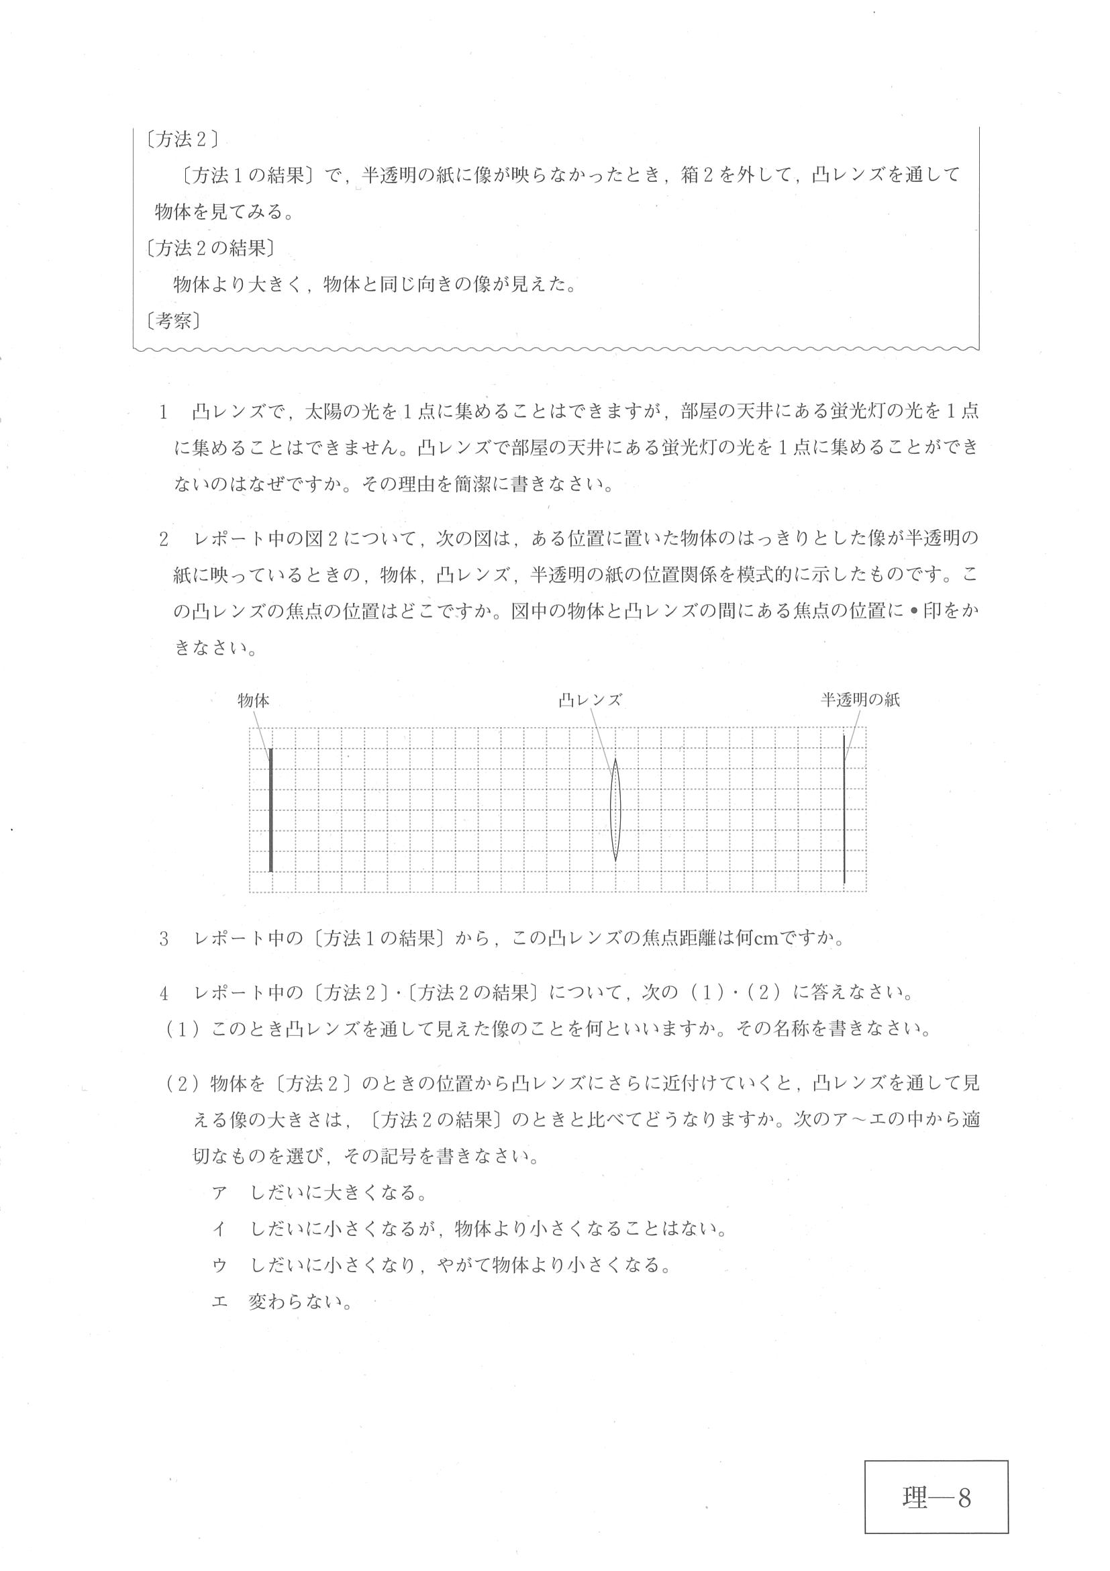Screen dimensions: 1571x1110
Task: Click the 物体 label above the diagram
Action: pos(253,701)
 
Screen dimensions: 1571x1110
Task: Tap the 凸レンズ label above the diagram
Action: pos(589,701)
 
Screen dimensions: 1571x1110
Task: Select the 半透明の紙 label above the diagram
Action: pos(860,700)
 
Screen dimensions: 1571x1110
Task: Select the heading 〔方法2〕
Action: pos(182,140)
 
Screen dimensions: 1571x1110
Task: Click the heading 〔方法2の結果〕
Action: pos(210,248)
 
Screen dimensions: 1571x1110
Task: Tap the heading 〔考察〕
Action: pos(173,320)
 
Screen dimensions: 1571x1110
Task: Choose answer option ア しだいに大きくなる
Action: pos(320,1193)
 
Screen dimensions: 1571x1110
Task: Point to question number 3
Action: pos(164,939)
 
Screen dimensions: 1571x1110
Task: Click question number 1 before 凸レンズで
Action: pos(164,412)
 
